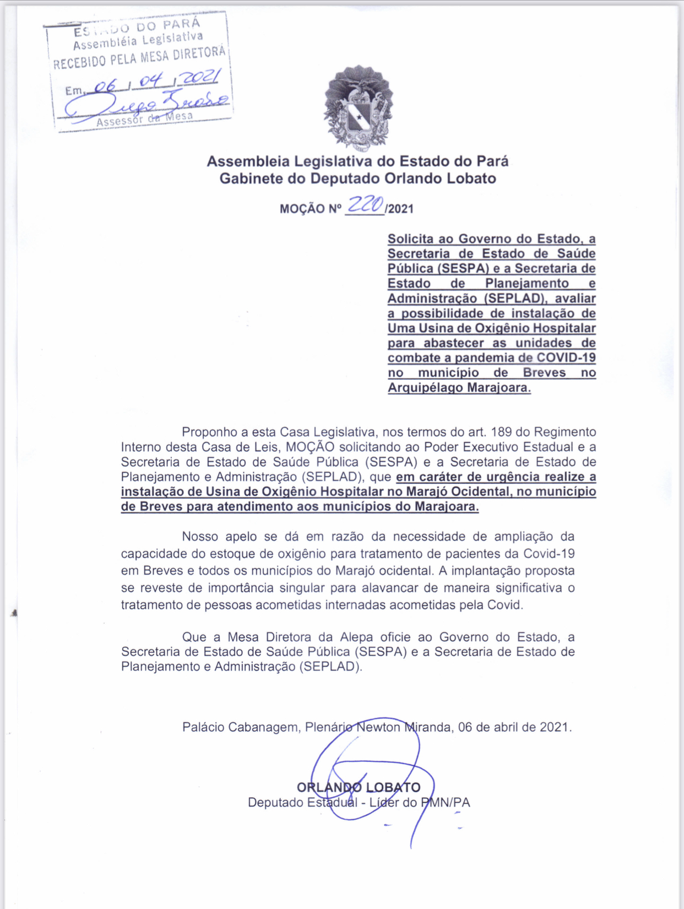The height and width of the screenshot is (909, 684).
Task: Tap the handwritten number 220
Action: pos(365,205)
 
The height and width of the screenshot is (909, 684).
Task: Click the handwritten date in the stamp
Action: pos(158,81)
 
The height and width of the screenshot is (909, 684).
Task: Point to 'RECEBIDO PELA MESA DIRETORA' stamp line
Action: pos(139,57)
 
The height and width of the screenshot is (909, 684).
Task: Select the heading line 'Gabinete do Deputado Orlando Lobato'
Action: pos(357,178)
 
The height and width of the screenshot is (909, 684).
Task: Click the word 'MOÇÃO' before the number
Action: pos(303,209)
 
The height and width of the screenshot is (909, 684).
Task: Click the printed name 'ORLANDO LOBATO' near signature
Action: pos(359,787)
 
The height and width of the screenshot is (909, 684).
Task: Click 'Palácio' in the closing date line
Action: pos(203,727)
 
